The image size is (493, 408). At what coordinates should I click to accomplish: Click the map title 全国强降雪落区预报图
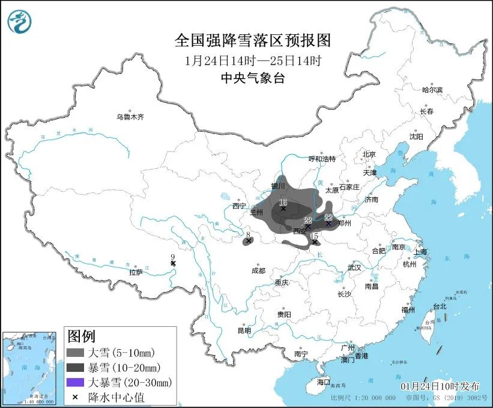[x=252, y=40]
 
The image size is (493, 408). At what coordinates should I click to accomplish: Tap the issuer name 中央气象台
[x=252, y=78]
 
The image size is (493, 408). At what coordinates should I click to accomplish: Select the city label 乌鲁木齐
[x=130, y=117]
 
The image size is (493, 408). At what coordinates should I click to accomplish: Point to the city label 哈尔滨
[x=432, y=90]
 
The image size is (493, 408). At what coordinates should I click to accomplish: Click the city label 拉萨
[x=136, y=272]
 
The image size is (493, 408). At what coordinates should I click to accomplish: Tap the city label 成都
[x=258, y=270]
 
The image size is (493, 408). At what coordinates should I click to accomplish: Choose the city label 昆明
[x=244, y=330]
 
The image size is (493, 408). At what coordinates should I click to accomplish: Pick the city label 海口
[x=324, y=382]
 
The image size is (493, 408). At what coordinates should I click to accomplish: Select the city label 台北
[x=440, y=306]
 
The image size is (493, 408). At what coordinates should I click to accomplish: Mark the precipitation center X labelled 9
[x=173, y=263]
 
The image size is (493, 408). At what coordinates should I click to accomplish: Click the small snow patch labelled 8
[x=247, y=242]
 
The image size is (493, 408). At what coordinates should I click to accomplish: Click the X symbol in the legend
[x=75, y=397]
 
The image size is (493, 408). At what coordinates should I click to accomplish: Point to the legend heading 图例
[x=81, y=335]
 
